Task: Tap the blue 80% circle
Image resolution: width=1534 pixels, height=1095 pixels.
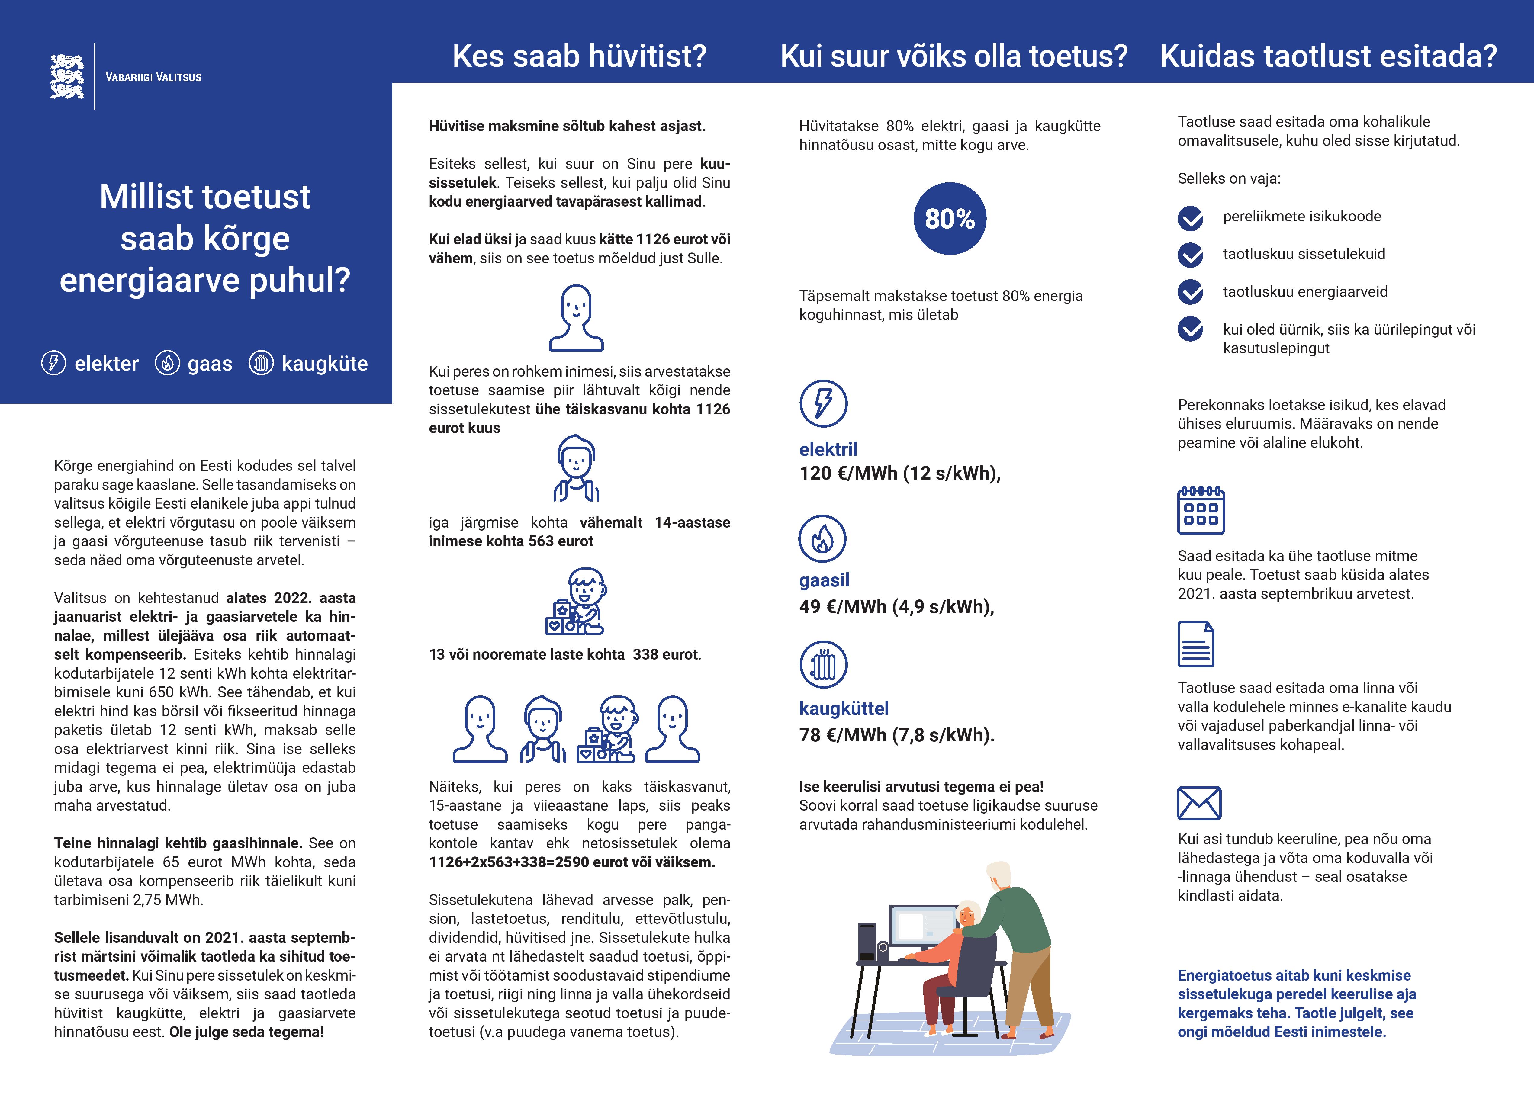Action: (949, 218)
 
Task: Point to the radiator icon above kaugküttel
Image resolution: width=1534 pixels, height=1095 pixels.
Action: (823, 664)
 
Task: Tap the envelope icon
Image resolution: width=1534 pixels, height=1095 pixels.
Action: (1199, 803)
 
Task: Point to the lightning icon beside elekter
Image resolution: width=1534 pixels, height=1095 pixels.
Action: (54, 363)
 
